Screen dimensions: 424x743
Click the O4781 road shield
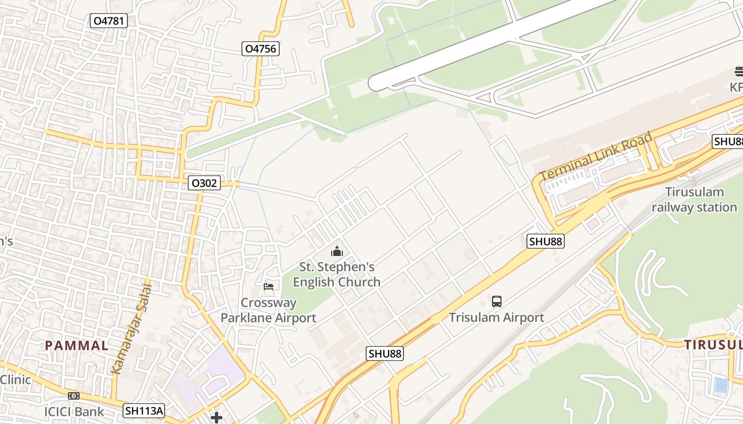(109, 21)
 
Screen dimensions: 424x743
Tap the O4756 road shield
(260, 49)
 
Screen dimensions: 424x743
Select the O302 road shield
(204, 183)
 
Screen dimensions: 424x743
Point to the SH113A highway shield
(144, 410)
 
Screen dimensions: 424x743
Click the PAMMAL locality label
(77, 346)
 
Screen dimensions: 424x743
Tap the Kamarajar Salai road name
(132, 329)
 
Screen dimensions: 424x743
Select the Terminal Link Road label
(596, 156)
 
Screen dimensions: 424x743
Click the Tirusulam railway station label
(694, 200)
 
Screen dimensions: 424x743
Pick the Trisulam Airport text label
(496, 317)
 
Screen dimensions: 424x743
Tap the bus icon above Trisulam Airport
(497, 302)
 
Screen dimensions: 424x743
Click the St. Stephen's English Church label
(336, 274)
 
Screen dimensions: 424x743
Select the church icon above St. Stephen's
(336, 251)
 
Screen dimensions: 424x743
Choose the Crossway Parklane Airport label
(268, 310)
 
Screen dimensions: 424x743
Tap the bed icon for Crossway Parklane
(269, 287)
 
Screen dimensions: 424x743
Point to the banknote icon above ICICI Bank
(74, 395)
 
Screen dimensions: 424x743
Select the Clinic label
(15, 379)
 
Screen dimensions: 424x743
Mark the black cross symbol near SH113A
(217, 418)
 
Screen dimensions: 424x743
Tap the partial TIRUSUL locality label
(713, 344)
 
